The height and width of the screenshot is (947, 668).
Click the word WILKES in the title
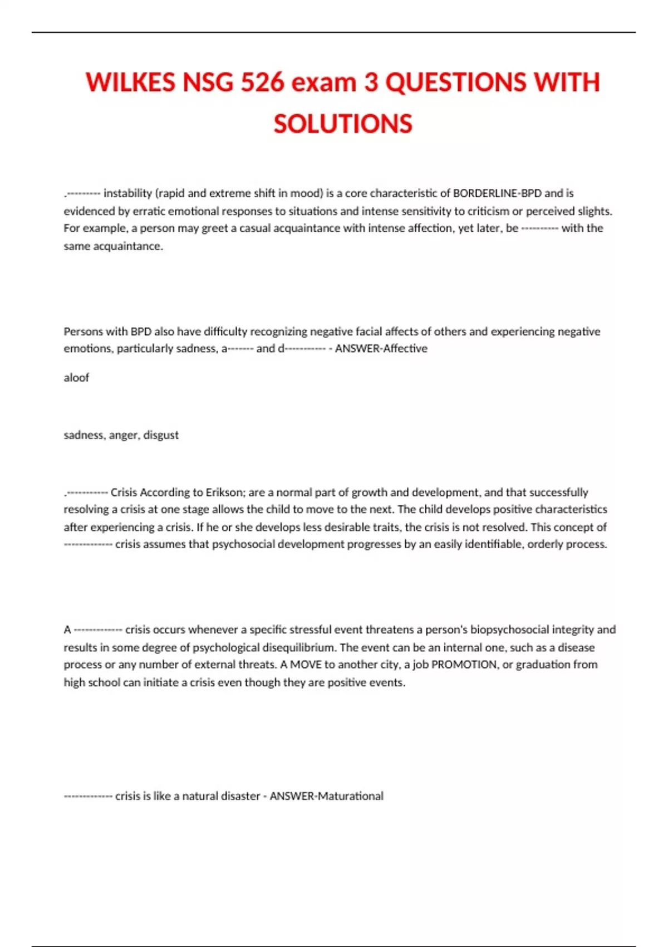coord(130,82)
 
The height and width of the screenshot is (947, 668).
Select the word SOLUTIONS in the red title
coord(343,124)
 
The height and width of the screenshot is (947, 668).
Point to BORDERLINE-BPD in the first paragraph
coord(497,193)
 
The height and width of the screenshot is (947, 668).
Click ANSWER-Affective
coord(381,349)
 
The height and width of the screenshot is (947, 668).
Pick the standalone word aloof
coord(76,378)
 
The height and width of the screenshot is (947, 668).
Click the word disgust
coord(161,435)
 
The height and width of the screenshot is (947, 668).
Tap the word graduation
coord(543,665)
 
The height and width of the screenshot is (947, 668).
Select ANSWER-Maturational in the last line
coord(327,797)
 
